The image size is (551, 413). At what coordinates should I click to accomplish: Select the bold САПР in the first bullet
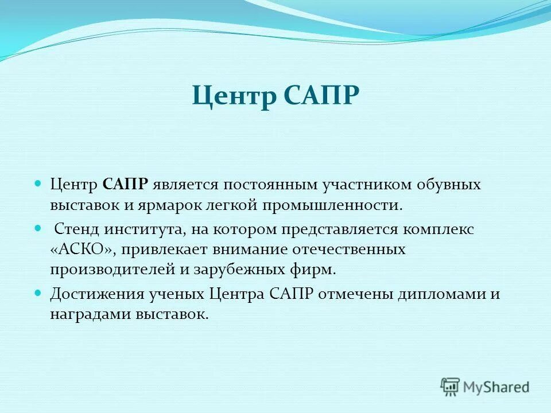tap(126, 185)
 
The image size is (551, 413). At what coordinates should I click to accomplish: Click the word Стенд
tap(77, 229)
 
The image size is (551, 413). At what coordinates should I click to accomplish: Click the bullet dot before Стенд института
tap(38, 228)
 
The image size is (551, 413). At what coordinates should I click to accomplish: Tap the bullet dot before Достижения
tap(38, 293)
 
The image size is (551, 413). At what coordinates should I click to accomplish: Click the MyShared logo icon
tap(451, 387)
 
